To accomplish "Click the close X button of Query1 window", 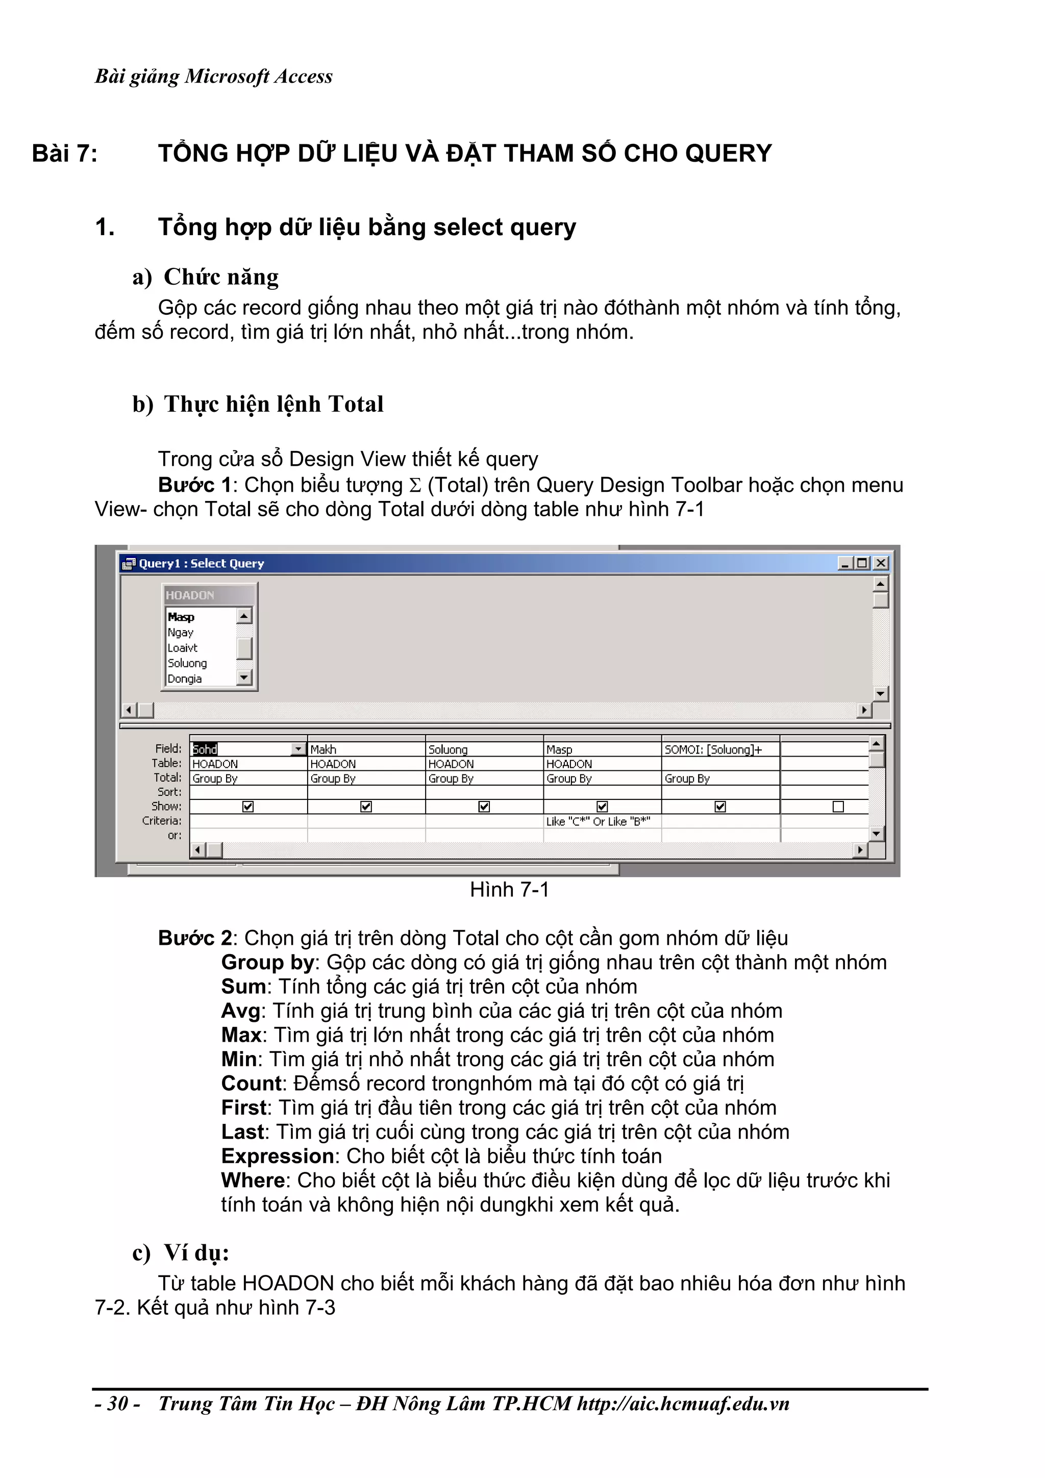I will [881, 563].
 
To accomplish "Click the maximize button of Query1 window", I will [863, 563].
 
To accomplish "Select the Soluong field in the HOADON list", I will [187, 663].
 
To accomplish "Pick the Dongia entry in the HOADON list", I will [185, 679].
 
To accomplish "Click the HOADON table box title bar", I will [209, 595].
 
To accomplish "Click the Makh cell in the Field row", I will [365, 749].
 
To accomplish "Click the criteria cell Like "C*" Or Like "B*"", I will [598, 821].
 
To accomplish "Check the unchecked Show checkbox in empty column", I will [838, 807].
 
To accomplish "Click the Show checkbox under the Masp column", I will [602, 807].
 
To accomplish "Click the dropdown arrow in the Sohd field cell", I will [298, 749].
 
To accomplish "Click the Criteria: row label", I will [162, 821].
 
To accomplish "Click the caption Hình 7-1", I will [509, 890].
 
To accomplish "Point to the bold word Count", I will [252, 1084].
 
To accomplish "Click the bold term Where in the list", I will [253, 1181].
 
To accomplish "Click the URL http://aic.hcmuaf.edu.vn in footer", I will [683, 1404].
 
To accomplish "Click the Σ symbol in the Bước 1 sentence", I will [415, 485].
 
